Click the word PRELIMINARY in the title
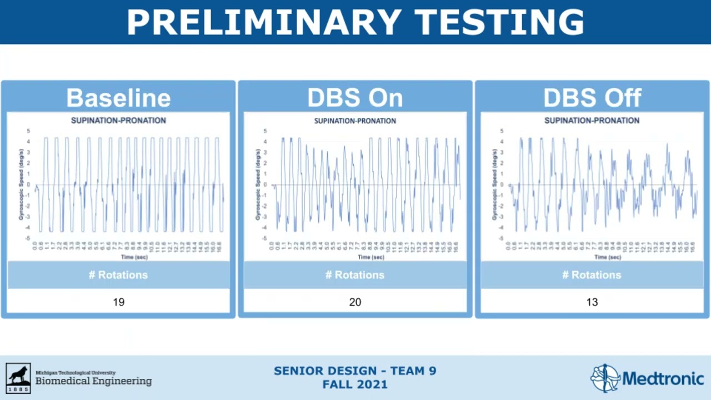[x=264, y=22]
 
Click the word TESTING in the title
[x=500, y=22]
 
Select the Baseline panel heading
[x=118, y=98]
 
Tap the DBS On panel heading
[x=355, y=98]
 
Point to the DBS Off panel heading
[x=592, y=98]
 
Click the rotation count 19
[x=118, y=302]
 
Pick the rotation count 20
[x=355, y=302]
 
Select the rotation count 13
[x=592, y=302]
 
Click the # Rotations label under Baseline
[x=118, y=275]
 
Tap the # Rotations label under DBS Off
[x=592, y=275]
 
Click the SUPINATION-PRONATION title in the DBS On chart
[x=355, y=121]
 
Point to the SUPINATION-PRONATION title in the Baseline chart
[x=118, y=121]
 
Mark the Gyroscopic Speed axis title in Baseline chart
[x=21, y=185]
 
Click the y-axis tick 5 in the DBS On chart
[x=266, y=131]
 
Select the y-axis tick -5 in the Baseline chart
[x=28, y=238]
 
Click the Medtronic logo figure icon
[x=605, y=378]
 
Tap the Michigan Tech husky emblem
[x=18, y=378]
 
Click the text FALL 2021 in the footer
[x=355, y=384]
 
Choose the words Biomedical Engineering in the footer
[x=93, y=381]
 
